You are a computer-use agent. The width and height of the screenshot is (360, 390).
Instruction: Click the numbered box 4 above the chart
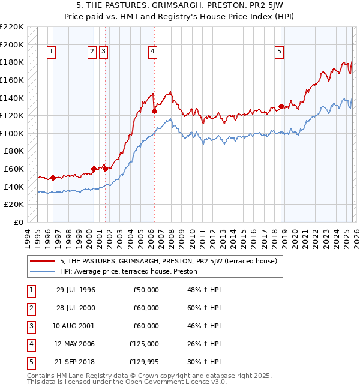(154, 52)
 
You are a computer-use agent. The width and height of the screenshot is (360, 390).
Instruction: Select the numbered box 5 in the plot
(280, 52)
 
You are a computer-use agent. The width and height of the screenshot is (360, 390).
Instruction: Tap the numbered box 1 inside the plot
(52, 52)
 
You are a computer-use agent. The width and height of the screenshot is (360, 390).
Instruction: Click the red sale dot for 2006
(155, 111)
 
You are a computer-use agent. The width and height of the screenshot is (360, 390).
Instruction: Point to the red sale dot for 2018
(281, 107)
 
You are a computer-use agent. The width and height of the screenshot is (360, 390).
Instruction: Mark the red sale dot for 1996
(53, 178)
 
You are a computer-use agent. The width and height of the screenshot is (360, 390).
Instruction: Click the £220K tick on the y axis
(13, 27)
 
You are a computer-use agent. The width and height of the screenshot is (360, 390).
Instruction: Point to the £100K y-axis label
(13, 133)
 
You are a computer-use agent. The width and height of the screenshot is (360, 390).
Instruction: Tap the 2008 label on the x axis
(172, 238)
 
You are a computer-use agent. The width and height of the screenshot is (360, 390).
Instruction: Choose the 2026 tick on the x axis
(356, 238)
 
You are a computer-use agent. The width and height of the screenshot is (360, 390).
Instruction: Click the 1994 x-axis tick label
(28, 238)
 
